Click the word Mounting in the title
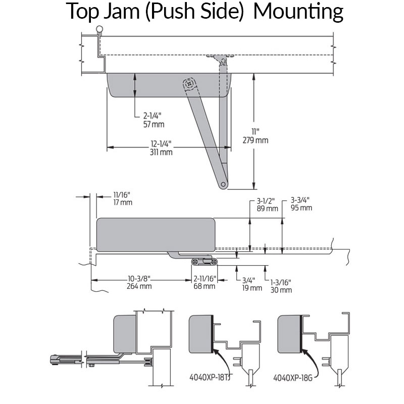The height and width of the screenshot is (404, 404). (298, 12)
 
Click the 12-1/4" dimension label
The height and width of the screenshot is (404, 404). (161, 143)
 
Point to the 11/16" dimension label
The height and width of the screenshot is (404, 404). (123, 194)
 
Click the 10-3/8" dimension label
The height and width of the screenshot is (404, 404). (139, 279)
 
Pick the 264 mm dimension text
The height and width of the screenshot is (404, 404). (139, 286)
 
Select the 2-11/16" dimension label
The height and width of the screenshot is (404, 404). (205, 279)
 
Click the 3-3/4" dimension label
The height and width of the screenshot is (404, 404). (301, 200)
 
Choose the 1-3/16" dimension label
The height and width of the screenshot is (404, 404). (281, 282)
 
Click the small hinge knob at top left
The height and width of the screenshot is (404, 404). (100, 29)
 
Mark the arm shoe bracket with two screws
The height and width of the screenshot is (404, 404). (204, 261)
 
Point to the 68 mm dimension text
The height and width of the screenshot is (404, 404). (205, 286)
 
